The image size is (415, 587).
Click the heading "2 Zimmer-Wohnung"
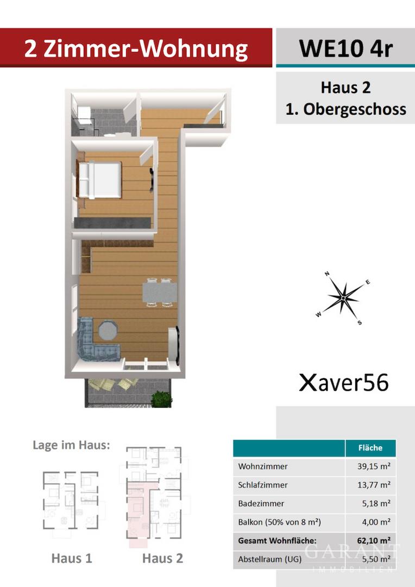pos(136,49)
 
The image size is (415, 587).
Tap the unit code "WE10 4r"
pos(346,48)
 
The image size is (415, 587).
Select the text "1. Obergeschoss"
pos(346,109)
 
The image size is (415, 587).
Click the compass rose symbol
pos(343,298)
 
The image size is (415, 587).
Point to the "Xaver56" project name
pos(344,383)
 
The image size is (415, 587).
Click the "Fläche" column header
pos(370,448)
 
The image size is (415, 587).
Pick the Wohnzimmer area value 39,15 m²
pos(374,466)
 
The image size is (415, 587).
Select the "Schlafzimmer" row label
pos(263,485)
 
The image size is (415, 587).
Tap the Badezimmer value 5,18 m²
pos(376,503)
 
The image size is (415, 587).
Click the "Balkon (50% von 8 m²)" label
pos(280,522)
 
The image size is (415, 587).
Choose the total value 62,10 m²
pos(374,541)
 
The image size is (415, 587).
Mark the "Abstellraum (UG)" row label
pos(269,559)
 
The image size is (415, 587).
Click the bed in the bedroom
pos(99,180)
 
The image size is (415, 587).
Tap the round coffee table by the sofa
pos(108,330)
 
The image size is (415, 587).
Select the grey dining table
pos(160,292)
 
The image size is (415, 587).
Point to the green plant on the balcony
pos(161,399)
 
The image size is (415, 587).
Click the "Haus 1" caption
pos(72,558)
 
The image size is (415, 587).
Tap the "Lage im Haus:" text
pos(72,445)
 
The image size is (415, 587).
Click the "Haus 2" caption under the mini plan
pos(163,558)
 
